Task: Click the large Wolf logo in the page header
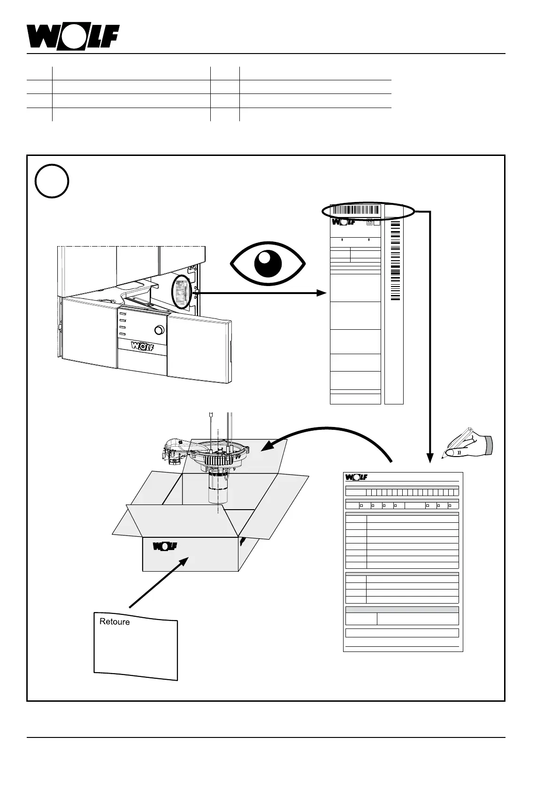73,36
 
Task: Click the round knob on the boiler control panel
159,330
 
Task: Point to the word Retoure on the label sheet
115,621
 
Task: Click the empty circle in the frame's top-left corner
52,181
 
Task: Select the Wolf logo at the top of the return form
356,477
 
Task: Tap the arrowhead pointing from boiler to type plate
322,293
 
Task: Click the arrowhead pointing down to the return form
429,458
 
